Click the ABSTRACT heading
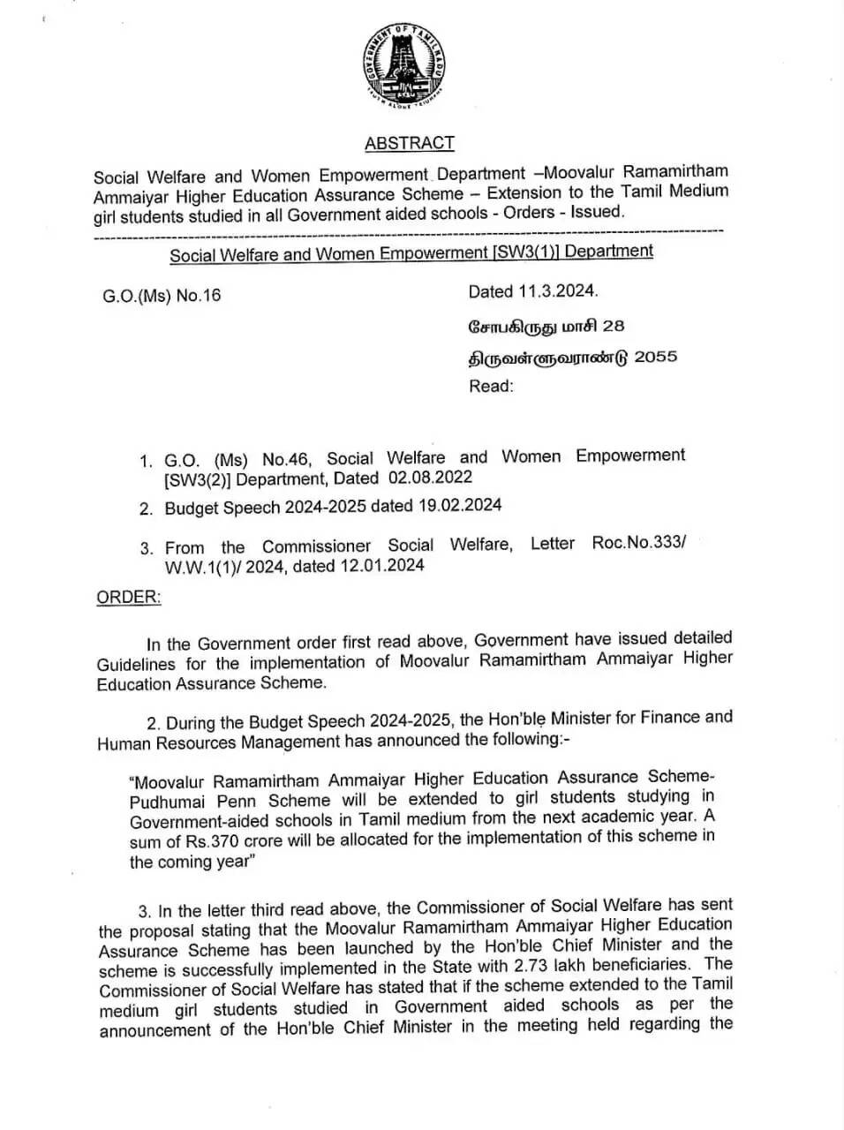click(410, 143)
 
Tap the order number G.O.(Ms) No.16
click(162, 296)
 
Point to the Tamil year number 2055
click(656, 357)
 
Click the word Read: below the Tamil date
click(491, 386)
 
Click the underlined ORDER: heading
click(129, 597)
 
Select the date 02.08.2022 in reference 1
click(430, 478)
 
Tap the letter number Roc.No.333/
click(638, 542)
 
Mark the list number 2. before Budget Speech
click(146, 508)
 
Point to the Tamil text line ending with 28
click(546, 326)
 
